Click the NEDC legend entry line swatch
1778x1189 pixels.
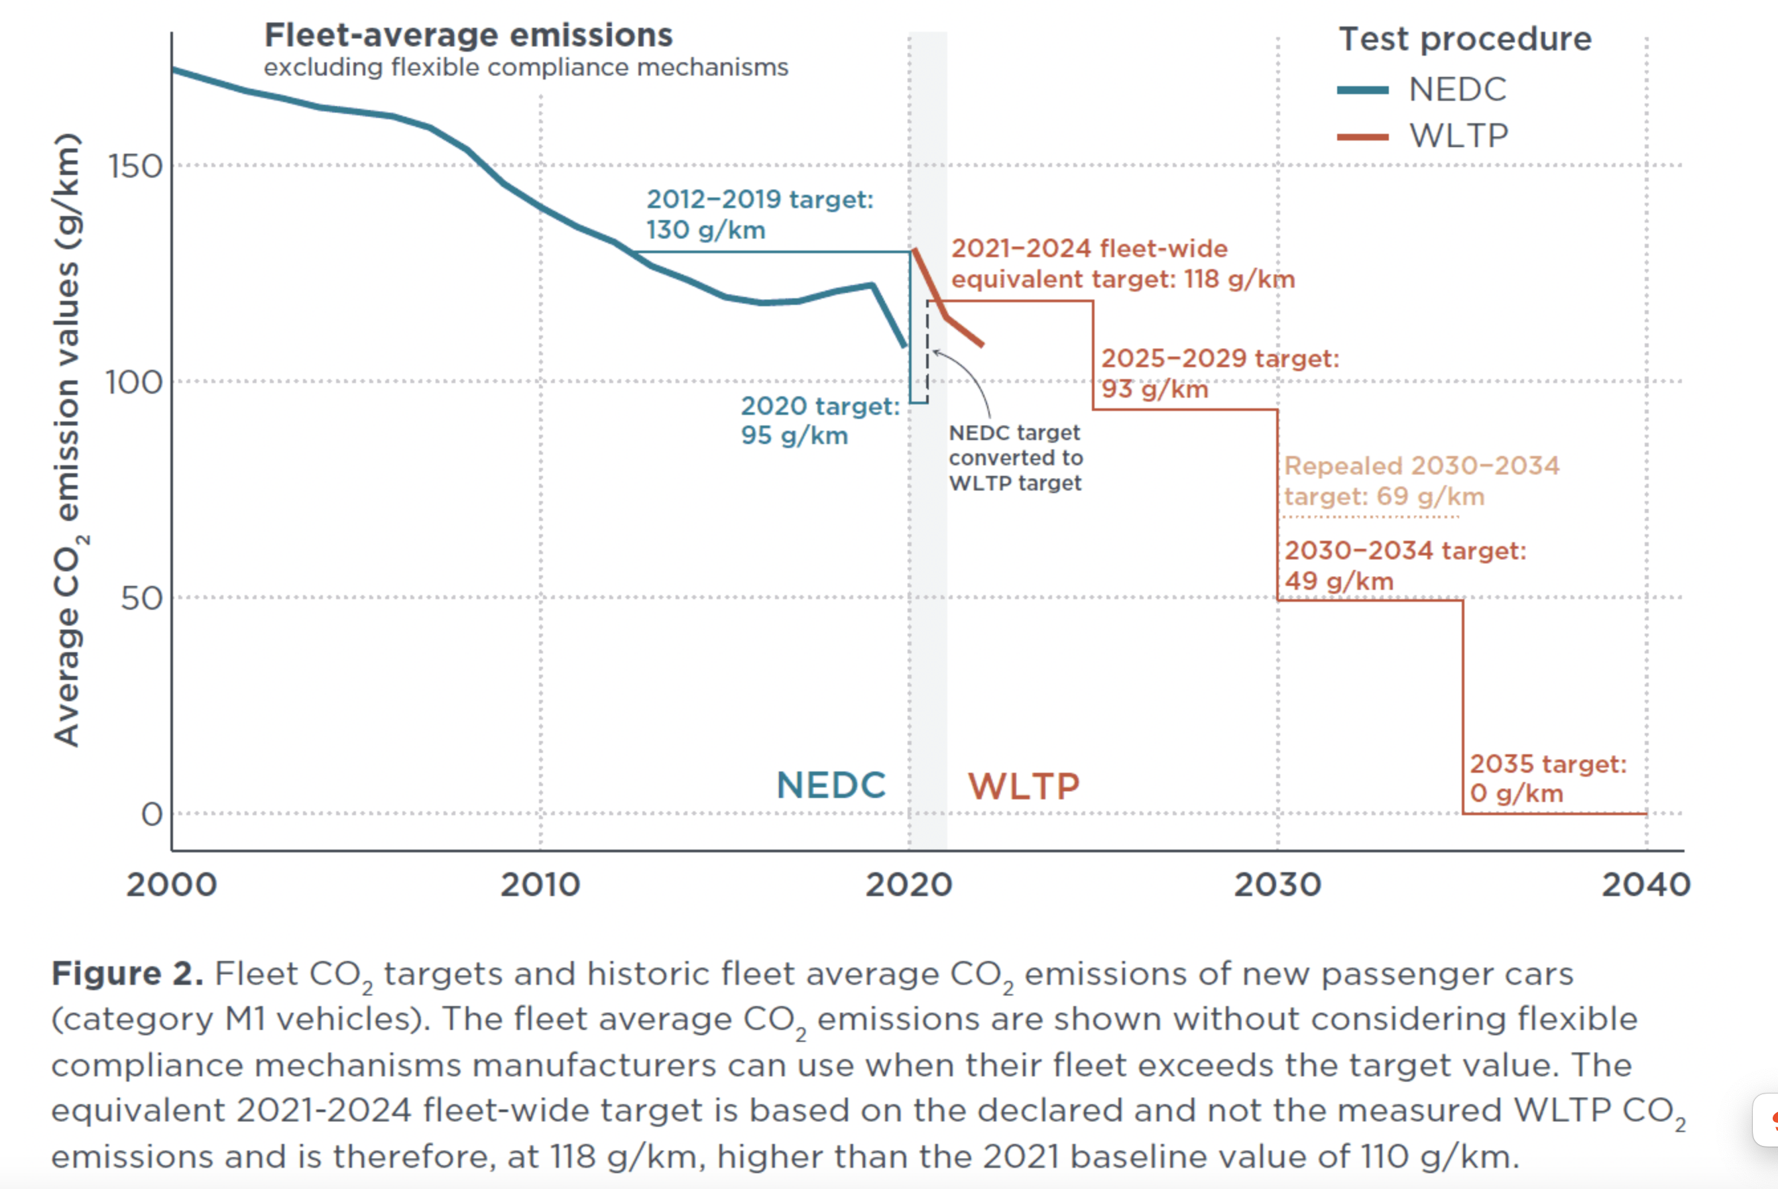click(1362, 90)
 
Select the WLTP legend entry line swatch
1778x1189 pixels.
click(1362, 137)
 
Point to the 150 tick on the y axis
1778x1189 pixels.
click(136, 166)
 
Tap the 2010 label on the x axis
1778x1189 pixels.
click(540, 885)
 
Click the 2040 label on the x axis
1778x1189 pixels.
click(1645, 885)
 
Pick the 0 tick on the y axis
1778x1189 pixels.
click(152, 815)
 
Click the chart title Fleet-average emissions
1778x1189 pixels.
click(468, 35)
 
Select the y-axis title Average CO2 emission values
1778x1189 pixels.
click(68, 440)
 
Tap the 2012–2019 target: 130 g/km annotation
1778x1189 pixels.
click(759, 214)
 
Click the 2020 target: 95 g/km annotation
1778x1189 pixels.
click(820, 421)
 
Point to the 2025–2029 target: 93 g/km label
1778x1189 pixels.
click(1220, 373)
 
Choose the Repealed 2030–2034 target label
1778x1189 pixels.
click(1421, 481)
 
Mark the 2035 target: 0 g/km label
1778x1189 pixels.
click(1548, 778)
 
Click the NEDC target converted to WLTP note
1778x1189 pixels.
click(1016, 457)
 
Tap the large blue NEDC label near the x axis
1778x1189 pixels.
click(831, 785)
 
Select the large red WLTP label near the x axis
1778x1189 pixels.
click(1024, 786)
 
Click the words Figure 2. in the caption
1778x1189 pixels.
click(127, 974)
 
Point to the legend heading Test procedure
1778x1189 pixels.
click(1464, 38)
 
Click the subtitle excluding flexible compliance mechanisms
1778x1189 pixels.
click(526, 68)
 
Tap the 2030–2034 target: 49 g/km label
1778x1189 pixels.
click(1405, 566)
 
